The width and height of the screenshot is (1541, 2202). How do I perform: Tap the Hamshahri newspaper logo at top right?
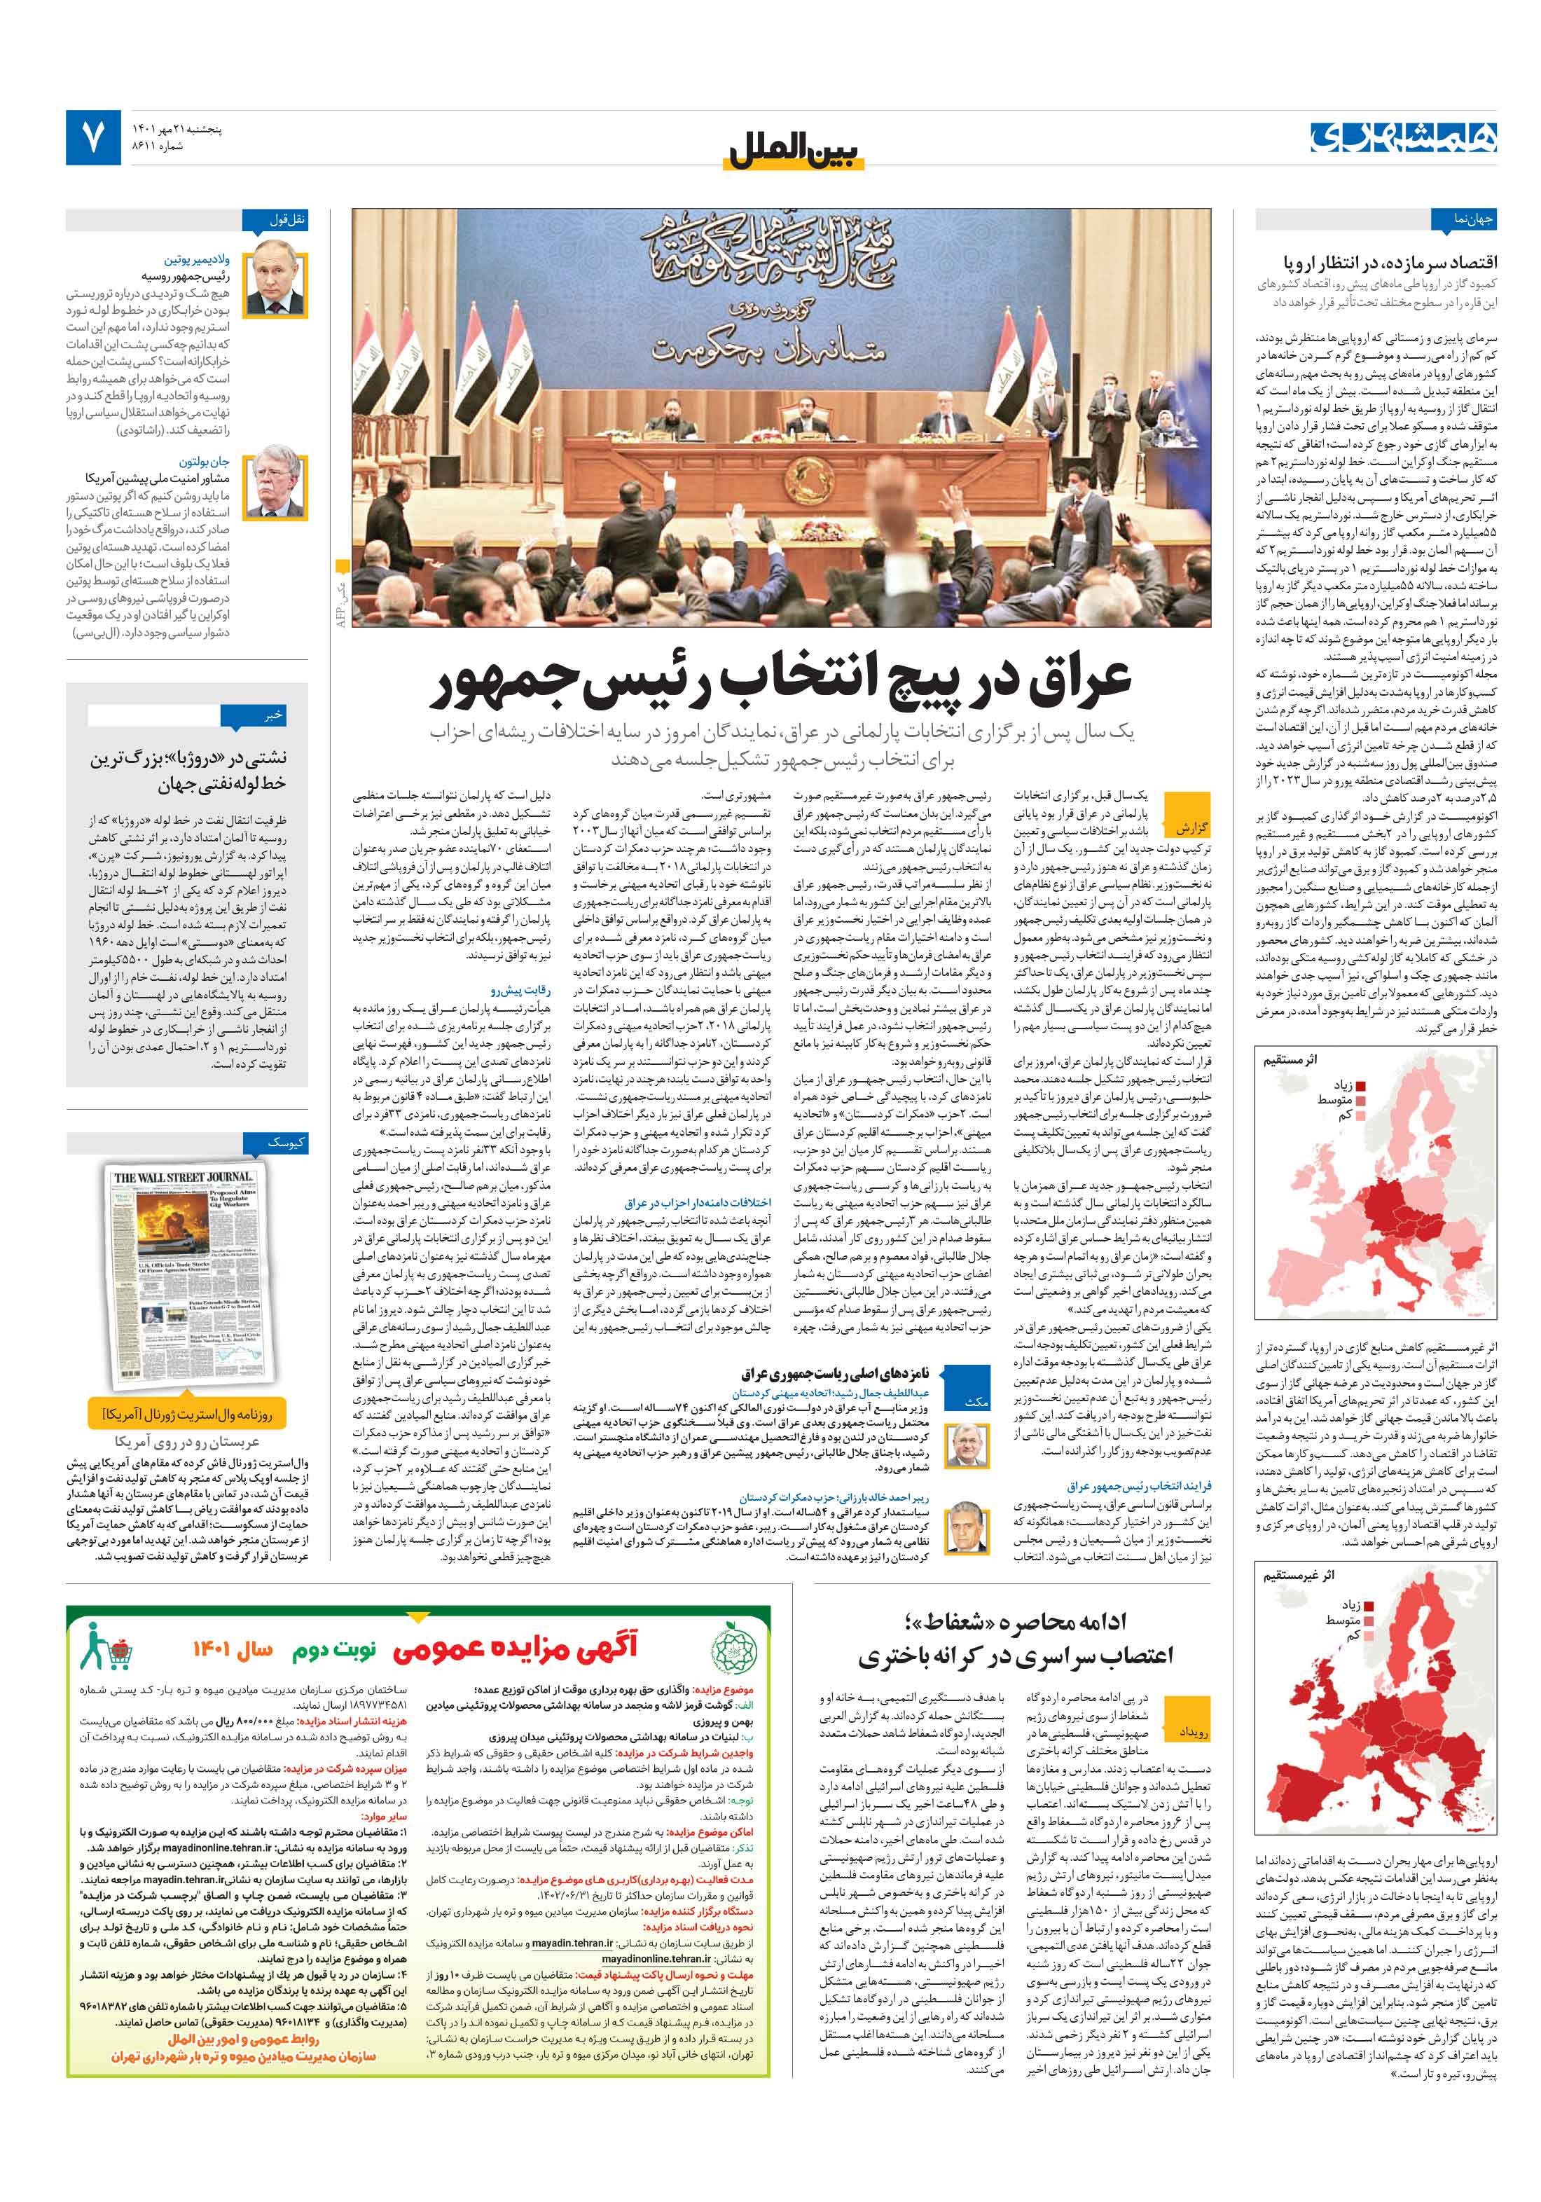click(1404, 137)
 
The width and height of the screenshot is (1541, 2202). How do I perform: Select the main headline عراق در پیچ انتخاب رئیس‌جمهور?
click(782, 682)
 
